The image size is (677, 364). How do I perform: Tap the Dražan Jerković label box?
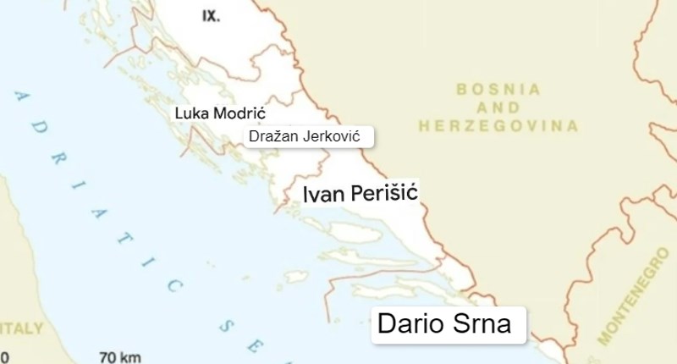coord(309,136)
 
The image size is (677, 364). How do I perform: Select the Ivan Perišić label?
coord(361,195)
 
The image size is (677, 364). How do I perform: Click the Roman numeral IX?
coord(211,15)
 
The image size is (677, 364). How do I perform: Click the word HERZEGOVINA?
coord(498,126)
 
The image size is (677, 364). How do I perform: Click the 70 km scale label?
coord(119,356)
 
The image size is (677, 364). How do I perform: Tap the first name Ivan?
coord(323,195)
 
